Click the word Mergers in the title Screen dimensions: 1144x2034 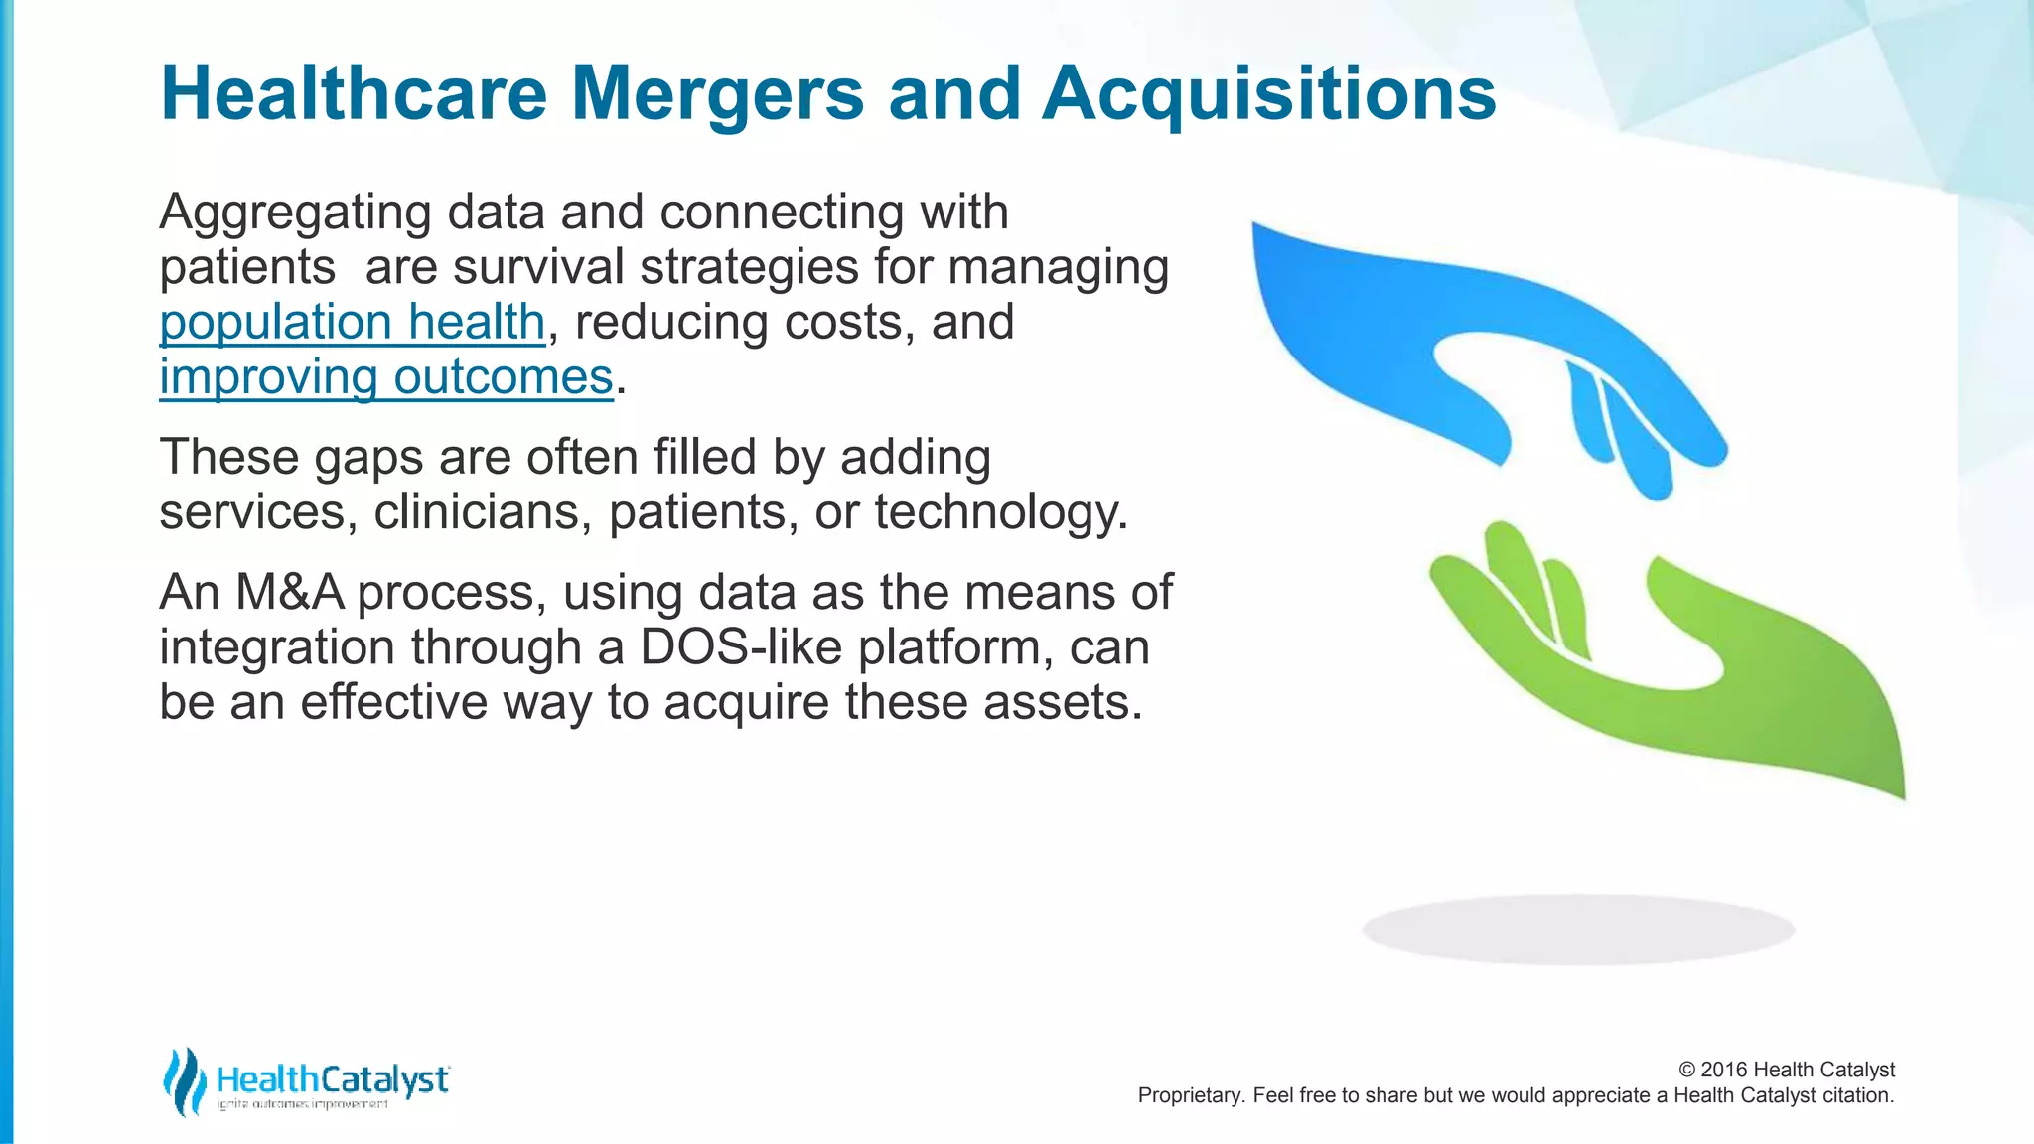[x=718, y=94]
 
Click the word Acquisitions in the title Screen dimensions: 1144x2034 [x=1268, y=94]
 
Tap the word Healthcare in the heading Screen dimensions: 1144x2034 [x=354, y=94]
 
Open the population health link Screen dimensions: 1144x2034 [x=353, y=323]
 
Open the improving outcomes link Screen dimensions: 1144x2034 [x=386, y=377]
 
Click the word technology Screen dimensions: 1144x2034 [x=1000, y=512]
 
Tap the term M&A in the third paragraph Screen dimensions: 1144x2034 [x=289, y=593]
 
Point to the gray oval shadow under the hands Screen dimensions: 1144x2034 [x=1578, y=929]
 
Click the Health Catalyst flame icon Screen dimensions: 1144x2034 [x=184, y=1080]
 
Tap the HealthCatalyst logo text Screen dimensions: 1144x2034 [x=333, y=1079]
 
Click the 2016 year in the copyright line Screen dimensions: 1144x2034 [x=1724, y=1070]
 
